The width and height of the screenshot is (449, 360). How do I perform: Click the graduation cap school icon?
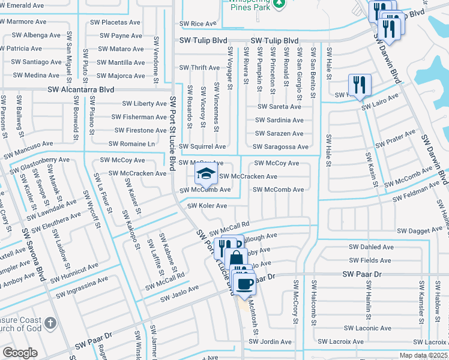pyautogui.click(x=205, y=175)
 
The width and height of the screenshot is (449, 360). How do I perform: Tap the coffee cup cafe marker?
pyautogui.click(x=244, y=283)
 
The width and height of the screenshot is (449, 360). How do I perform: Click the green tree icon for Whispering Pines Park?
pyautogui.click(x=278, y=4)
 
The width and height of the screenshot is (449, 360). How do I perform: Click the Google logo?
pyautogui.click(x=20, y=353)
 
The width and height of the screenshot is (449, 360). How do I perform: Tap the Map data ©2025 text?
pyautogui.click(x=423, y=355)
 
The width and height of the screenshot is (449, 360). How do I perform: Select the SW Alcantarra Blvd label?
pyautogui.click(x=81, y=89)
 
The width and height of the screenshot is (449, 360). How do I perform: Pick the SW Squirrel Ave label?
pyautogui.click(x=202, y=146)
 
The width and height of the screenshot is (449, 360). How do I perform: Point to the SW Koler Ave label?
pyautogui.click(x=207, y=206)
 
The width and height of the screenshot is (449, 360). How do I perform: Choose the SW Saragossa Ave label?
pyautogui.click(x=280, y=146)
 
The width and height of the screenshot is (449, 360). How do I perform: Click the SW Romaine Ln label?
pyautogui.click(x=131, y=144)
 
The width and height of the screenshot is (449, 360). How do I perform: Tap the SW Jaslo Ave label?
pyautogui.click(x=179, y=293)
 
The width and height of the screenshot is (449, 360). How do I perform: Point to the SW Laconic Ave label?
pyautogui.click(x=368, y=328)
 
